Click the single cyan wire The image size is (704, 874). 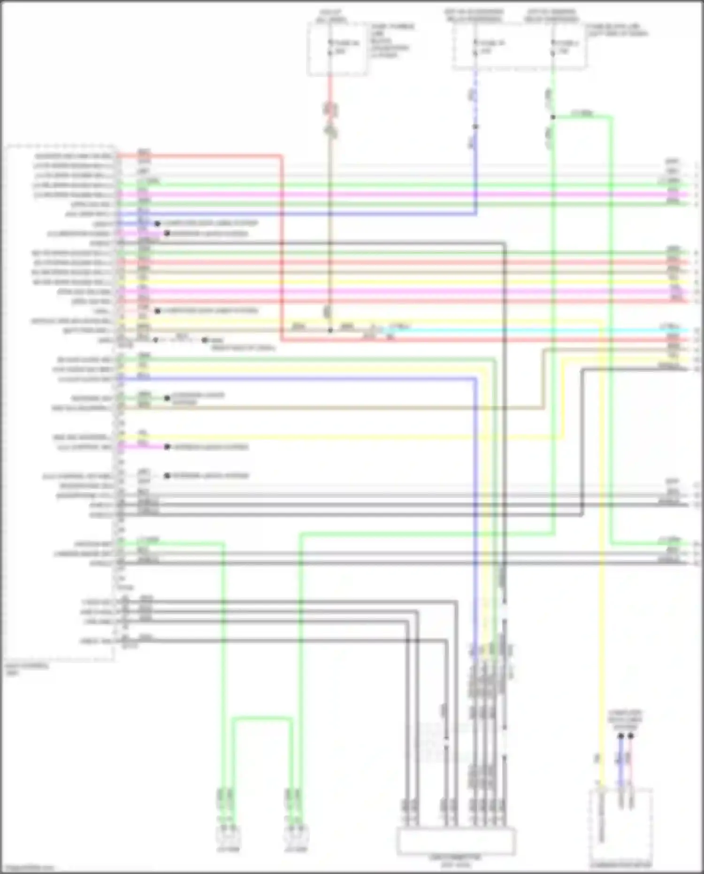[540, 331]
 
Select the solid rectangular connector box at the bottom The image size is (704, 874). [456, 842]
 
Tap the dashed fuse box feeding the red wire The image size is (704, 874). [337, 49]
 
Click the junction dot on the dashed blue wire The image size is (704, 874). [475, 127]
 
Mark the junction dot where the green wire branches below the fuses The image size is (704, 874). [553, 117]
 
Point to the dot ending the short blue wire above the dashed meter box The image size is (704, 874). [620, 736]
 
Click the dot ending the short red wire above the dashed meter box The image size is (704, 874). [631, 736]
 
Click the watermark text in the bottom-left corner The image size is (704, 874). [26, 868]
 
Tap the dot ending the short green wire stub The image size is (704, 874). [167, 398]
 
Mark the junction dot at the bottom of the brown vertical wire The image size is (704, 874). [330, 331]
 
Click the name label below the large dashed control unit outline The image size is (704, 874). [27, 669]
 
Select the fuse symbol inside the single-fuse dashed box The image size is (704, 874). [330, 47]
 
